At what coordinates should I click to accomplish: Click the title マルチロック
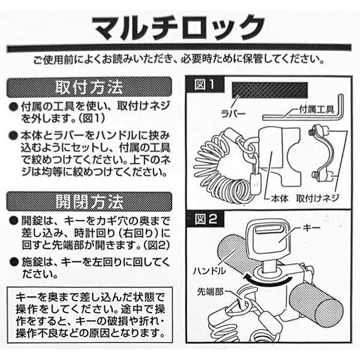(x=179, y=28)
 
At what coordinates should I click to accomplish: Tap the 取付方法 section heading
(x=89, y=87)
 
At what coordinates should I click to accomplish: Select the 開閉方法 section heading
(x=89, y=202)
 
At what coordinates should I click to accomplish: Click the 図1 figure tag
(x=204, y=85)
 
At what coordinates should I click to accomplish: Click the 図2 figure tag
(x=205, y=219)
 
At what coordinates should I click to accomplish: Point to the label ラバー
(x=233, y=113)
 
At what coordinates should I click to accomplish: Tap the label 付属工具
(x=317, y=109)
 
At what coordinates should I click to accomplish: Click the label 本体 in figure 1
(x=280, y=198)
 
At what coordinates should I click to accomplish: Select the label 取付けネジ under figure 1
(x=317, y=198)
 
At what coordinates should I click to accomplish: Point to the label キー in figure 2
(x=311, y=228)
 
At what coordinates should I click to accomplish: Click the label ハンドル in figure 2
(x=209, y=271)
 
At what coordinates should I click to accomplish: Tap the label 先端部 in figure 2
(x=210, y=292)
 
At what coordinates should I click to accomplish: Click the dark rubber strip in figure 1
(x=270, y=90)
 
